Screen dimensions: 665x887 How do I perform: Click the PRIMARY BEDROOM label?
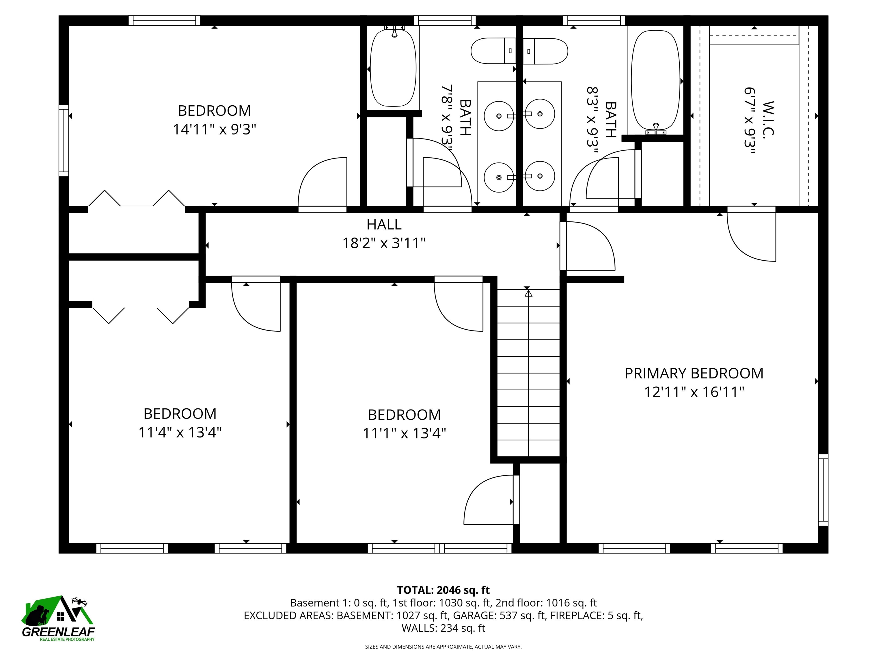click(694, 373)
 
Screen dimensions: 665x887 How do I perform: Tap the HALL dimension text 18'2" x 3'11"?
click(384, 243)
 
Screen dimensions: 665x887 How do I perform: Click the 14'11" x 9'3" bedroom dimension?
click(214, 130)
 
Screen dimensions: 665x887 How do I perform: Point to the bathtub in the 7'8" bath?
click(393, 68)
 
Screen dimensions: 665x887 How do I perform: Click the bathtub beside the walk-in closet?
click(656, 80)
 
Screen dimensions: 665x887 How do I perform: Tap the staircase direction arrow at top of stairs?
click(528, 294)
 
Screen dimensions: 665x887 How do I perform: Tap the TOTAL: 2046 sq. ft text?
click(443, 590)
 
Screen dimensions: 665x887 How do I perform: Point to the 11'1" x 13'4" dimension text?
click(404, 433)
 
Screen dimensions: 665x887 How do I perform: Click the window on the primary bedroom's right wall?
click(823, 490)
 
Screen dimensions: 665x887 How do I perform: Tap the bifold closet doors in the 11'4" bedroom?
click(140, 315)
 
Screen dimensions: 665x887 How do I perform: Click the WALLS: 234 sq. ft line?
click(443, 628)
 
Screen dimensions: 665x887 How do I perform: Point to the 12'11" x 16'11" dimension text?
click(694, 392)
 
